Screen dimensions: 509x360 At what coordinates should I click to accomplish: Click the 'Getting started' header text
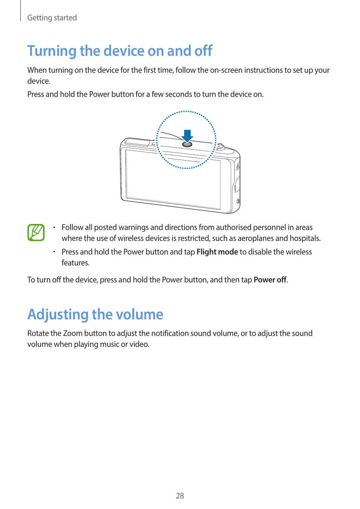pyautogui.click(x=52, y=18)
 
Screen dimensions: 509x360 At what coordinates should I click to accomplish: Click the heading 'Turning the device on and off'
pyautogui.click(x=120, y=51)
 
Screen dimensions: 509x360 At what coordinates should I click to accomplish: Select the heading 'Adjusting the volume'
pyautogui.click(x=95, y=314)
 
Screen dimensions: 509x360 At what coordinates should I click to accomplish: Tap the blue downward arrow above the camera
pyautogui.click(x=187, y=135)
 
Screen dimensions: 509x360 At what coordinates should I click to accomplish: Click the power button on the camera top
pyautogui.click(x=187, y=144)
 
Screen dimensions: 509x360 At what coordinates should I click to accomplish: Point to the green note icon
pyautogui.click(x=36, y=232)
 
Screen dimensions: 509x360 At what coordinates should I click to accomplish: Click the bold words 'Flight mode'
pyautogui.click(x=217, y=252)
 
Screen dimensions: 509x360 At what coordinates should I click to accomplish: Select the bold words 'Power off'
pyautogui.click(x=270, y=280)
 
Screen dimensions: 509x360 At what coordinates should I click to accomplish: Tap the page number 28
pyautogui.click(x=180, y=496)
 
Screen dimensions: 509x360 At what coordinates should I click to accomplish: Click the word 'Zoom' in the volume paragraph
pyautogui.click(x=72, y=333)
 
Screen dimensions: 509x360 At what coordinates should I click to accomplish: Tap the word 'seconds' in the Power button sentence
pyautogui.click(x=178, y=94)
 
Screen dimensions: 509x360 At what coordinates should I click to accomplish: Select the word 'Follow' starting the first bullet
pyautogui.click(x=72, y=227)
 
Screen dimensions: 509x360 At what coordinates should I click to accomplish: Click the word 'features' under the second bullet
pyautogui.click(x=75, y=263)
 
